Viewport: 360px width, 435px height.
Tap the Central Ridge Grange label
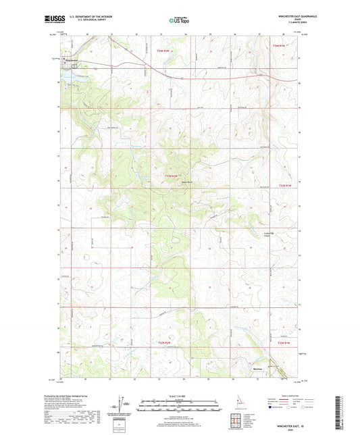(268, 234)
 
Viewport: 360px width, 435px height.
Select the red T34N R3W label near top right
(280, 45)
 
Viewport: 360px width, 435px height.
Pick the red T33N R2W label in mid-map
(174, 176)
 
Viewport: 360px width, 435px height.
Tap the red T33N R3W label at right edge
(285, 184)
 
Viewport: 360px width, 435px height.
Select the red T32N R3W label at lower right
(285, 343)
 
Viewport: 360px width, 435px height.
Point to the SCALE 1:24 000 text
(178, 395)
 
